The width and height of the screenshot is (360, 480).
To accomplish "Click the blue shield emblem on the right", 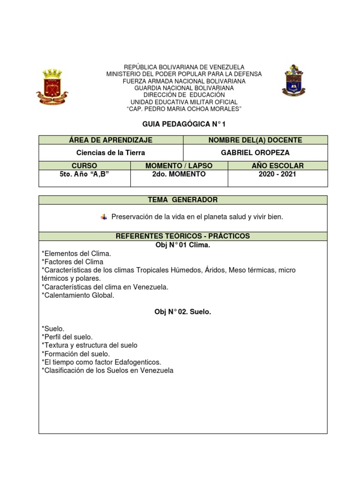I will coord(294,80).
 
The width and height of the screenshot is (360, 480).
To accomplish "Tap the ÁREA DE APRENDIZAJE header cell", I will coord(111,140).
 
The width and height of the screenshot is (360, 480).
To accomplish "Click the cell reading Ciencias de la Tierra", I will coord(111,152).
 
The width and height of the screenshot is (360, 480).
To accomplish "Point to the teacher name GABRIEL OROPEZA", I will coord(255,152).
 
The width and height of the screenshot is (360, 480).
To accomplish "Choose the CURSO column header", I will coord(84,165).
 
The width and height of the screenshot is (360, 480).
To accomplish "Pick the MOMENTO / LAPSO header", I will coord(179,165).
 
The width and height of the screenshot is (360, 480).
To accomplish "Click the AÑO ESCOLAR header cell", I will coord(277,165).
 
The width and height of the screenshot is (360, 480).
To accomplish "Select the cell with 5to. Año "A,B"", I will coord(84,174).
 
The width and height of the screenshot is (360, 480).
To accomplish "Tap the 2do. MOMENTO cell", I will coord(179,174).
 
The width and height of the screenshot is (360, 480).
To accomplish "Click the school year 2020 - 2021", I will coord(277,174).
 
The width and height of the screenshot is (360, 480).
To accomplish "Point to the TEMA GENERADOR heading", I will coord(183,200).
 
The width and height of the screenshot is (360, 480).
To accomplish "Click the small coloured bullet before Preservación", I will coord(104,217).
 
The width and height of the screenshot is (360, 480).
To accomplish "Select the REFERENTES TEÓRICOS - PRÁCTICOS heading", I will coord(183,236).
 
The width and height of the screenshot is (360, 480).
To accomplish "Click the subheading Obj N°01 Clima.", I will coord(183,245).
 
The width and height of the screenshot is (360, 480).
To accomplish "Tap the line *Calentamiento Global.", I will coord(78,295).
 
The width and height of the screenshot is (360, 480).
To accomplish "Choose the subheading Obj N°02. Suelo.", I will coord(183,312).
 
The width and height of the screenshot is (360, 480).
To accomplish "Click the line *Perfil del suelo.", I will coord(67,337).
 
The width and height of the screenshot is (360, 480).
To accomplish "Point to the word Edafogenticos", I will coord(139,362).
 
